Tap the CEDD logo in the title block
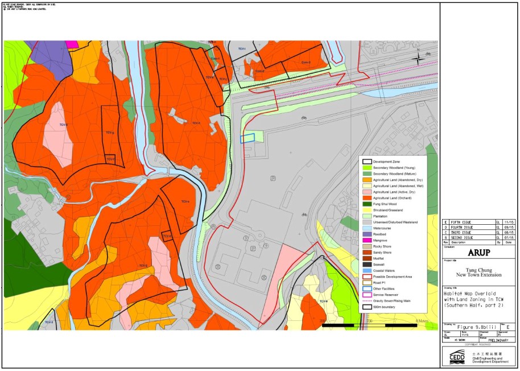pos(457,356)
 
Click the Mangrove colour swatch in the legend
pos(367,240)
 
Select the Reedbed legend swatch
pos(367,234)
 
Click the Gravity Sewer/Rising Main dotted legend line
pos(367,300)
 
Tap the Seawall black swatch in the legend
pos(367,264)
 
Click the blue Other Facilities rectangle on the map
pos(247,138)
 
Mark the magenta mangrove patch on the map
pos(72,44)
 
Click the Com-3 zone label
pos(306,62)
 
